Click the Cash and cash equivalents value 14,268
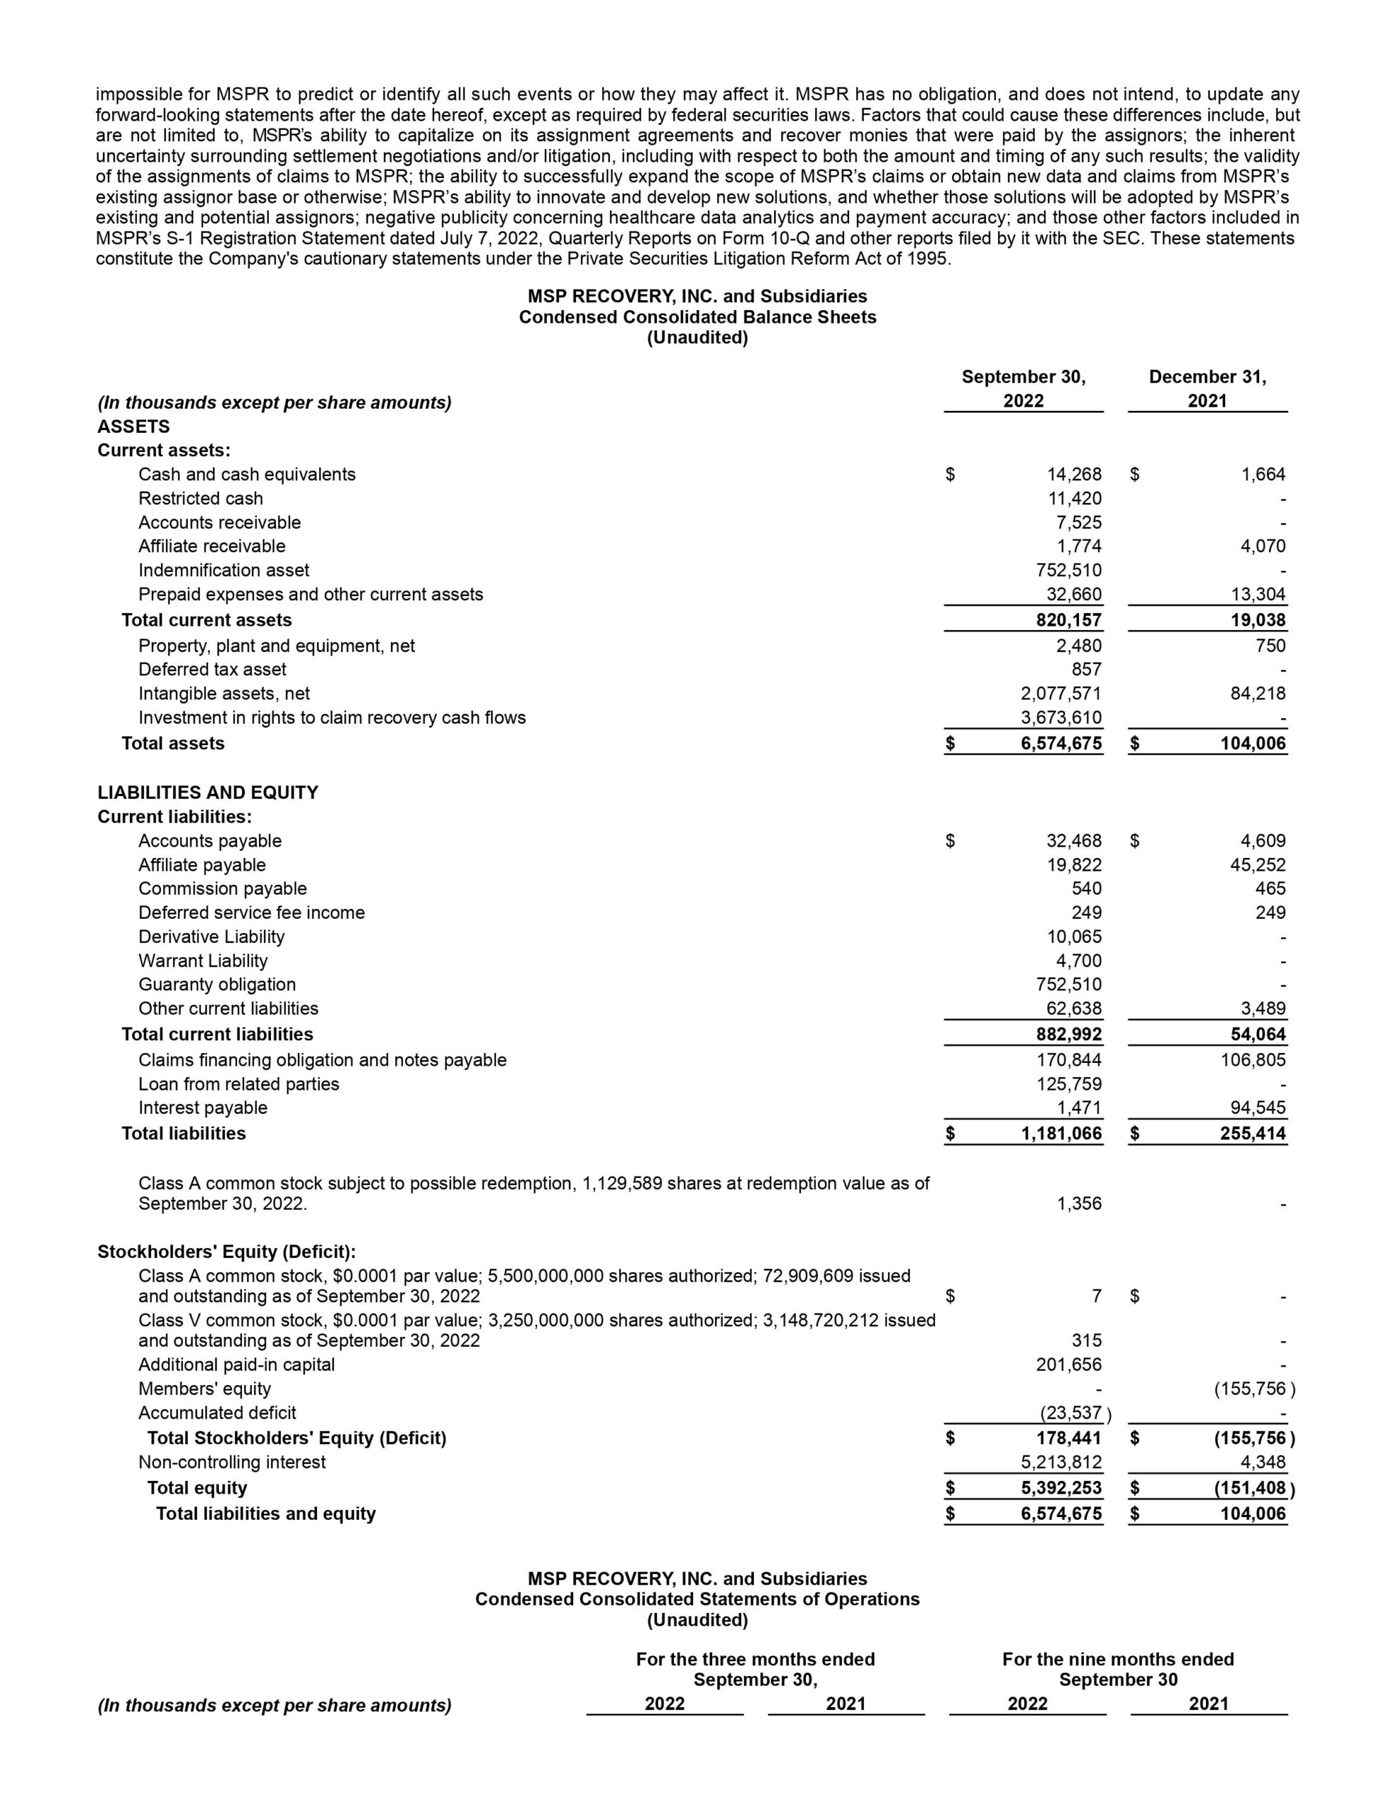tap(1073, 475)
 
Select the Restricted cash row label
tap(200, 499)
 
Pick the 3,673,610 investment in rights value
tap(1061, 717)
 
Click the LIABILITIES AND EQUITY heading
tap(207, 792)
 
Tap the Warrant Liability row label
tap(203, 961)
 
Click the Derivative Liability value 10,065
tap(1073, 936)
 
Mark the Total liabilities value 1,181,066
tap(1061, 1134)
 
